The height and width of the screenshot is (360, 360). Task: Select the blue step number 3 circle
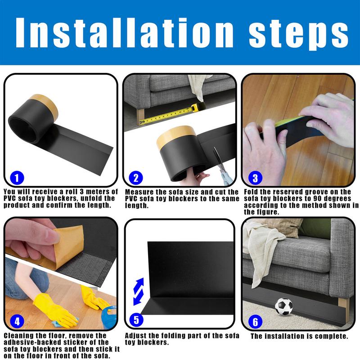pos(255,178)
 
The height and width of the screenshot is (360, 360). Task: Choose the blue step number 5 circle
pos(136,320)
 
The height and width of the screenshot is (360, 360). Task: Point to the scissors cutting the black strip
pos(219,166)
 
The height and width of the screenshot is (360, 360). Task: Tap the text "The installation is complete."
pos(299,336)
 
